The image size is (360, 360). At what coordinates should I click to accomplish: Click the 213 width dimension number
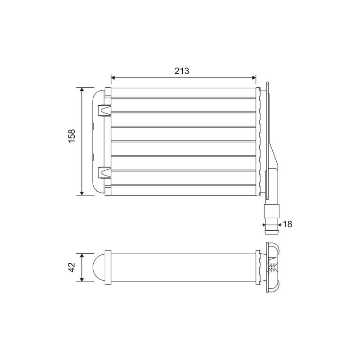point(182,71)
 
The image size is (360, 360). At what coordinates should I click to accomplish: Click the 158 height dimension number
point(72,136)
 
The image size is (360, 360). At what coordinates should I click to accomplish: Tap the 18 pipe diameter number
point(287,224)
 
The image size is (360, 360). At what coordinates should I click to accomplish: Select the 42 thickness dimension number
point(72,267)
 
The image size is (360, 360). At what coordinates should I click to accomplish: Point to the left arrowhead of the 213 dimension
point(113,77)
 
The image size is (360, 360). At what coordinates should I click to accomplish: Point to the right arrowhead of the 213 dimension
point(254,77)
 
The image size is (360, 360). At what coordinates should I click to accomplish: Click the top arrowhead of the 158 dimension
point(82,90)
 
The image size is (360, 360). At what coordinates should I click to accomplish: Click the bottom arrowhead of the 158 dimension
point(82,193)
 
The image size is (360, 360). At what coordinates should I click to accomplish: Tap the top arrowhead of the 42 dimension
point(82,256)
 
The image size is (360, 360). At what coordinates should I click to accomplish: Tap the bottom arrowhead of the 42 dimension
point(82,279)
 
